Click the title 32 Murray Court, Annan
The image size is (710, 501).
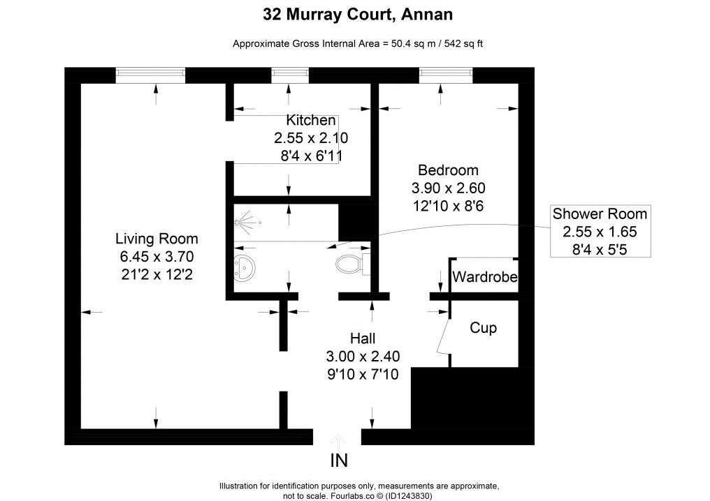click(357, 13)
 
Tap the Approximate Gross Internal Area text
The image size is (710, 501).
click(358, 43)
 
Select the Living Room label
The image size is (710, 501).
click(157, 239)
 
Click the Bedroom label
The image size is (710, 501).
click(448, 170)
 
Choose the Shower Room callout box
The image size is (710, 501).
click(600, 232)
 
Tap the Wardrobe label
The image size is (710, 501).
click(484, 277)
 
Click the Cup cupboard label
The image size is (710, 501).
click(483, 327)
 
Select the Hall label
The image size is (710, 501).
click(363, 338)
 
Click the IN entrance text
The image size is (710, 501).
click(338, 461)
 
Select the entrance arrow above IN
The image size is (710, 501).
click(338, 441)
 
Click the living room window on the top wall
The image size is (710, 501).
click(150, 73)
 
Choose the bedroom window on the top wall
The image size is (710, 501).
click(446, 73)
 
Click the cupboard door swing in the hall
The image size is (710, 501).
click(442, 338)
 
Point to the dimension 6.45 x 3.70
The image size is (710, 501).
click(157, 257)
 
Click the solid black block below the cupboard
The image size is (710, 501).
click(472, 398)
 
